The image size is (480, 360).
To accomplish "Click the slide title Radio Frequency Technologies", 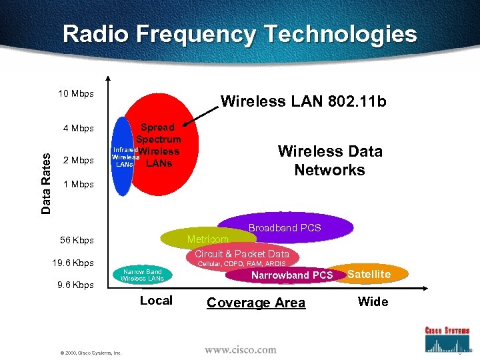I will pyautogui.click(x=240, y=34).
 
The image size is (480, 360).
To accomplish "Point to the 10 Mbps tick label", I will pyautogui.click(x=75, y=93).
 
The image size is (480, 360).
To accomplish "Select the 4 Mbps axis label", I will pyautogui.click(x=78, y=128).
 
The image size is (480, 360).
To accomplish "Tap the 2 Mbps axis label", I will pyautogui.click(x=78, y=160).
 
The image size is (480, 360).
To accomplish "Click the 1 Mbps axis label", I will pyautogui.click(x=78, y=184).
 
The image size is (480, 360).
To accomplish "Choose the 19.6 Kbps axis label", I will pyautogui.click(x=73, y=263).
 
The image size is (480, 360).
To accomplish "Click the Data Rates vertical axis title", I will pyautogui.click(x=46, y=182).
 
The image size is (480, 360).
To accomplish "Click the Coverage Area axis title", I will pyautogui.click(x=256, y=303).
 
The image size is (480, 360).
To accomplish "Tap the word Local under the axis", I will pyautogui.click(x=156, y=301).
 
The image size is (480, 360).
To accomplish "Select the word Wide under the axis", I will pyautogui.click(x=373, y=301).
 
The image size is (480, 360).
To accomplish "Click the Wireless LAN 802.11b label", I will pyautogui.click(x=303, y=102).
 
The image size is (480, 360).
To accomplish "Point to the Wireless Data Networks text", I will pyautogui.click(x=330, y=161).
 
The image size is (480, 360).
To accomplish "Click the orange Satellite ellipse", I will pyautogui.click(x=371, y=274).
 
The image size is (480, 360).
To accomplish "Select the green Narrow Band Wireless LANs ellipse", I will pyautogui.click(x=142, y=275).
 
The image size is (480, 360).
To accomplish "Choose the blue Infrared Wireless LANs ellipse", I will pyautogui.click(x=122, y=157).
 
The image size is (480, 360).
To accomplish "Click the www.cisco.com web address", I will pyautogui.click(x=240, y=349).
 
